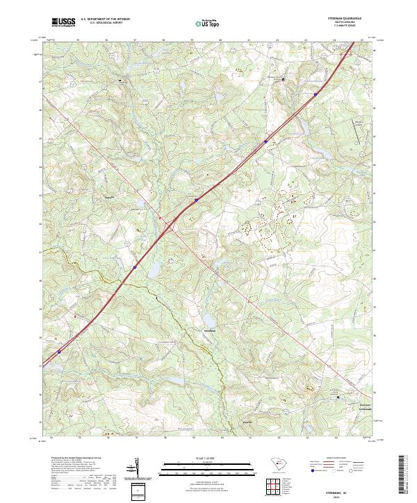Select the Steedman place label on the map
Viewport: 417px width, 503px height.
pos(209,330)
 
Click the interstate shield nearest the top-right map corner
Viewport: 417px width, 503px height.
pos(315,94)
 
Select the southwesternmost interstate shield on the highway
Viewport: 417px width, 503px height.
pos(59,351)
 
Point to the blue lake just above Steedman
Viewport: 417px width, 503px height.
pos(209,320)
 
